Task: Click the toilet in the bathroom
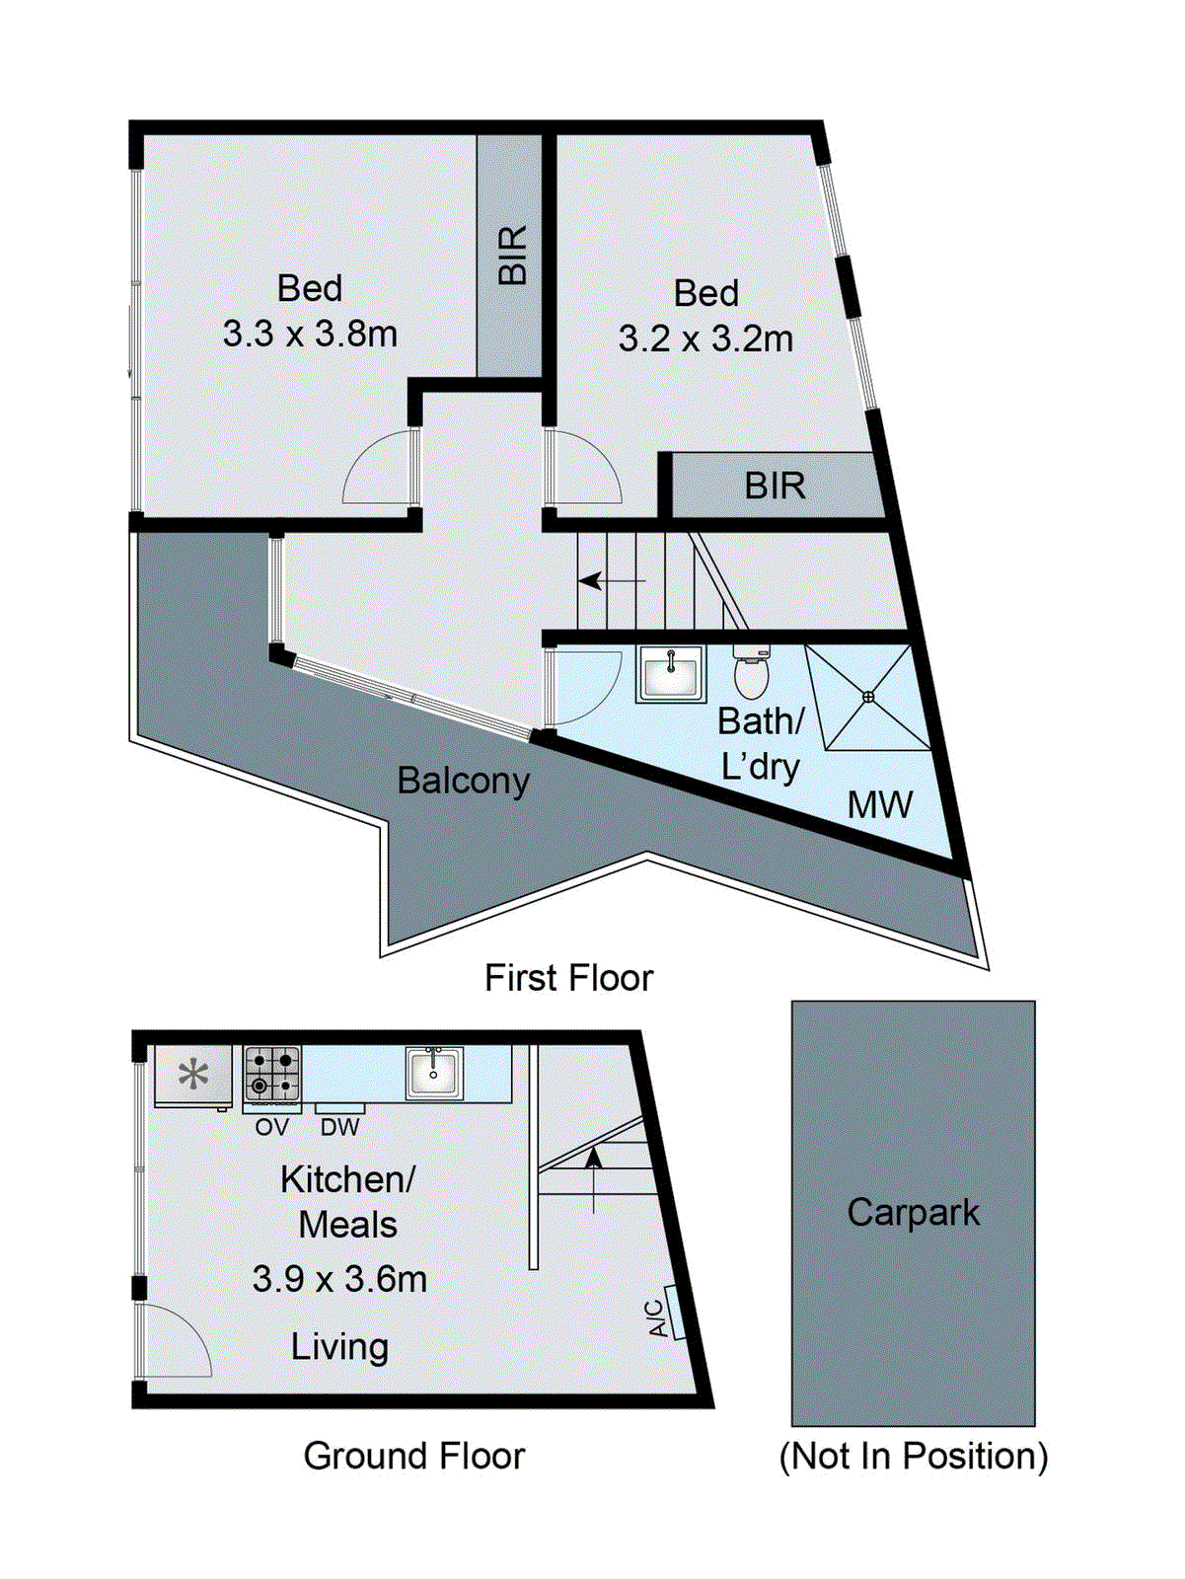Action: (x=752, y=674)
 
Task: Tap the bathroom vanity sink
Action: (x=671, y=674)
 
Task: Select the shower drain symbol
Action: (x=868, y=697)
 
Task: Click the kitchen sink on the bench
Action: (x=433, y=1073)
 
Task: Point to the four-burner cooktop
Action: (x=272, y=1074)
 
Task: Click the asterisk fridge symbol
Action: (x=193, y=1075)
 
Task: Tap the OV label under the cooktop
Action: (x=271, y=1127)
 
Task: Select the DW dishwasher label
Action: (x=339, y=1127)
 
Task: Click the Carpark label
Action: (x=913, y=1213)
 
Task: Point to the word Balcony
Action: (x=463, y=781)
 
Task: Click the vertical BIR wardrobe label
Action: (x=512, y=255)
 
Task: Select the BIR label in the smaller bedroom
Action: (x=775, y=486)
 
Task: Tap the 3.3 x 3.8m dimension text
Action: (x=310, y=334)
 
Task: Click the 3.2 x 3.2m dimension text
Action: (x=705, y=338)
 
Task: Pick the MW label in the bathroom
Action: (x=879, y=805)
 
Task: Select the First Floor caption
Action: (x=568, y=978)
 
